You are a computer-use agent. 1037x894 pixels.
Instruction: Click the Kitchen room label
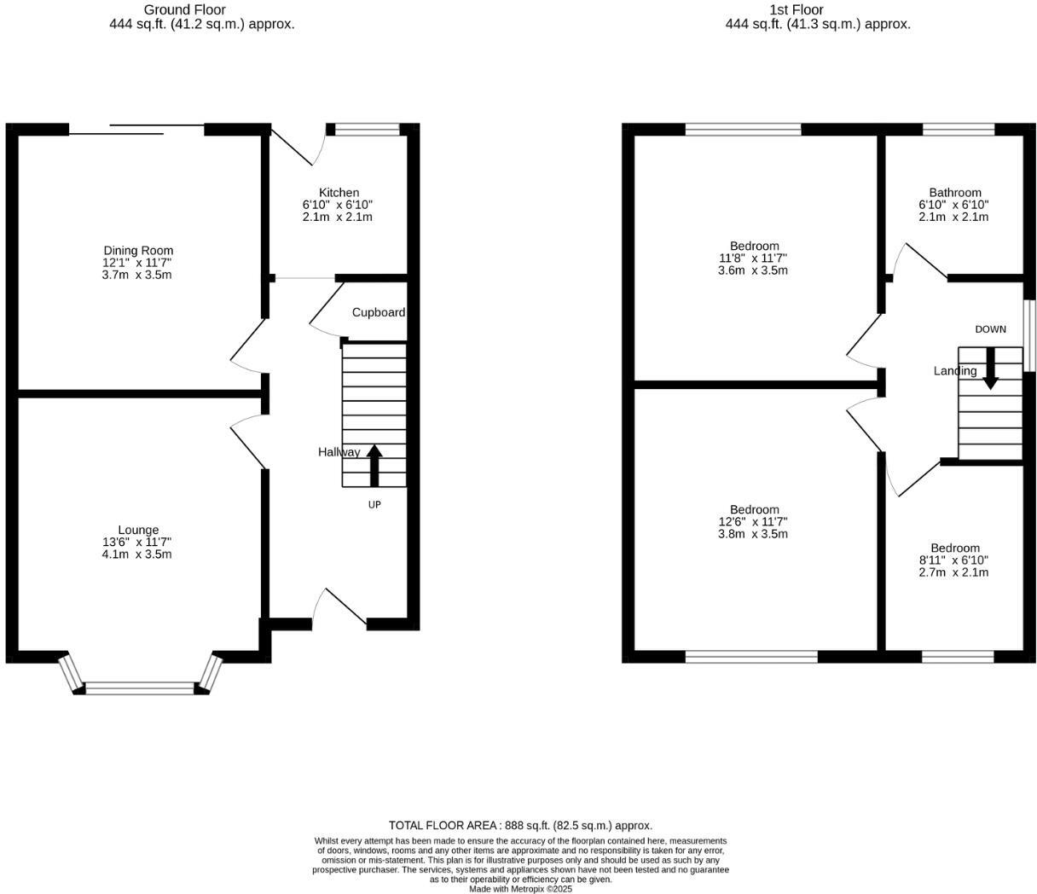(x=339, y=193)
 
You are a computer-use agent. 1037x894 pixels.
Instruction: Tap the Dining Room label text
(x=138, y=251)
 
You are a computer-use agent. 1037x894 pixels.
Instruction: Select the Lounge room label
(x=138, y=530)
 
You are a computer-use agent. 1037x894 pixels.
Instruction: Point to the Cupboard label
(x=379, y=312)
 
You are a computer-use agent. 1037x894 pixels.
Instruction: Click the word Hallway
(x=339, y=452)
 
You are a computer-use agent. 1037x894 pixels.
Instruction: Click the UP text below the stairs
(x=374, y=505)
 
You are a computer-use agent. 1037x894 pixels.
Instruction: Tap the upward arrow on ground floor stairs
(x=374, y=465)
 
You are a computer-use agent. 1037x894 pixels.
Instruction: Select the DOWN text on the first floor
(x=990, y=329)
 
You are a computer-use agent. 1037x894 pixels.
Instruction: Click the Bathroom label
(x=955, y=193)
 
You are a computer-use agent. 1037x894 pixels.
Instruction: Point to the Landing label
(x=955, y=371)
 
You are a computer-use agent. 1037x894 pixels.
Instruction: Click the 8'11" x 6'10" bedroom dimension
(x=953, y=560)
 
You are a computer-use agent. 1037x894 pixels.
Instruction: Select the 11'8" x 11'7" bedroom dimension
(x=753, y=258)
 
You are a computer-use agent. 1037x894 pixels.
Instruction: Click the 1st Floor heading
(x=796, y=9)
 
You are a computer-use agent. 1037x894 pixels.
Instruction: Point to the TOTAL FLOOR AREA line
(x=520, y=825)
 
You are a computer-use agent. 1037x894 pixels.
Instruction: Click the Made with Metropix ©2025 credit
(x=520, y=889)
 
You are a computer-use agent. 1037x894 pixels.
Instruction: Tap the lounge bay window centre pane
(x=141, y=688)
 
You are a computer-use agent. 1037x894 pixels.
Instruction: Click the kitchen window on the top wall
(x=367, y=130)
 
